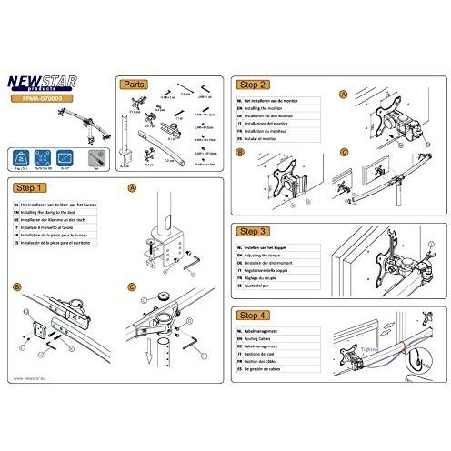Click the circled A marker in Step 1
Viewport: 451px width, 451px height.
coord(134,188)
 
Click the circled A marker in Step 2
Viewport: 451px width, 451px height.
coord(343,95)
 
